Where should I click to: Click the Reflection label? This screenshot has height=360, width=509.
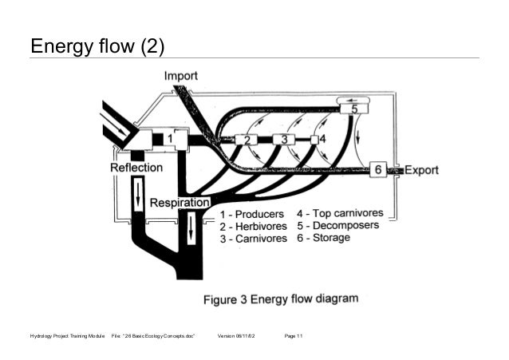click(136, 168)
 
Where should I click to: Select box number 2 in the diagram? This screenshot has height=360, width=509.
click(247, 140)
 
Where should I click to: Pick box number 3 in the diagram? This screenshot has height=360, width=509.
click(279, 139)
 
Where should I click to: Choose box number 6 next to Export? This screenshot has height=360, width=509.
click(380, 169)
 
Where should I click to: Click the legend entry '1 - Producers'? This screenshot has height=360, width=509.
click(251, 214)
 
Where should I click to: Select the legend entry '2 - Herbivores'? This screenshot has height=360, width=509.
click(253, 227)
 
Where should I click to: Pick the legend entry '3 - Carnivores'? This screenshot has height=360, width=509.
click(253, 239)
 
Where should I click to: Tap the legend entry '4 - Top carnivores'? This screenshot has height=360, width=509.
click(340, 213)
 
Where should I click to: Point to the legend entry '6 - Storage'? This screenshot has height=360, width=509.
click(326, 239)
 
